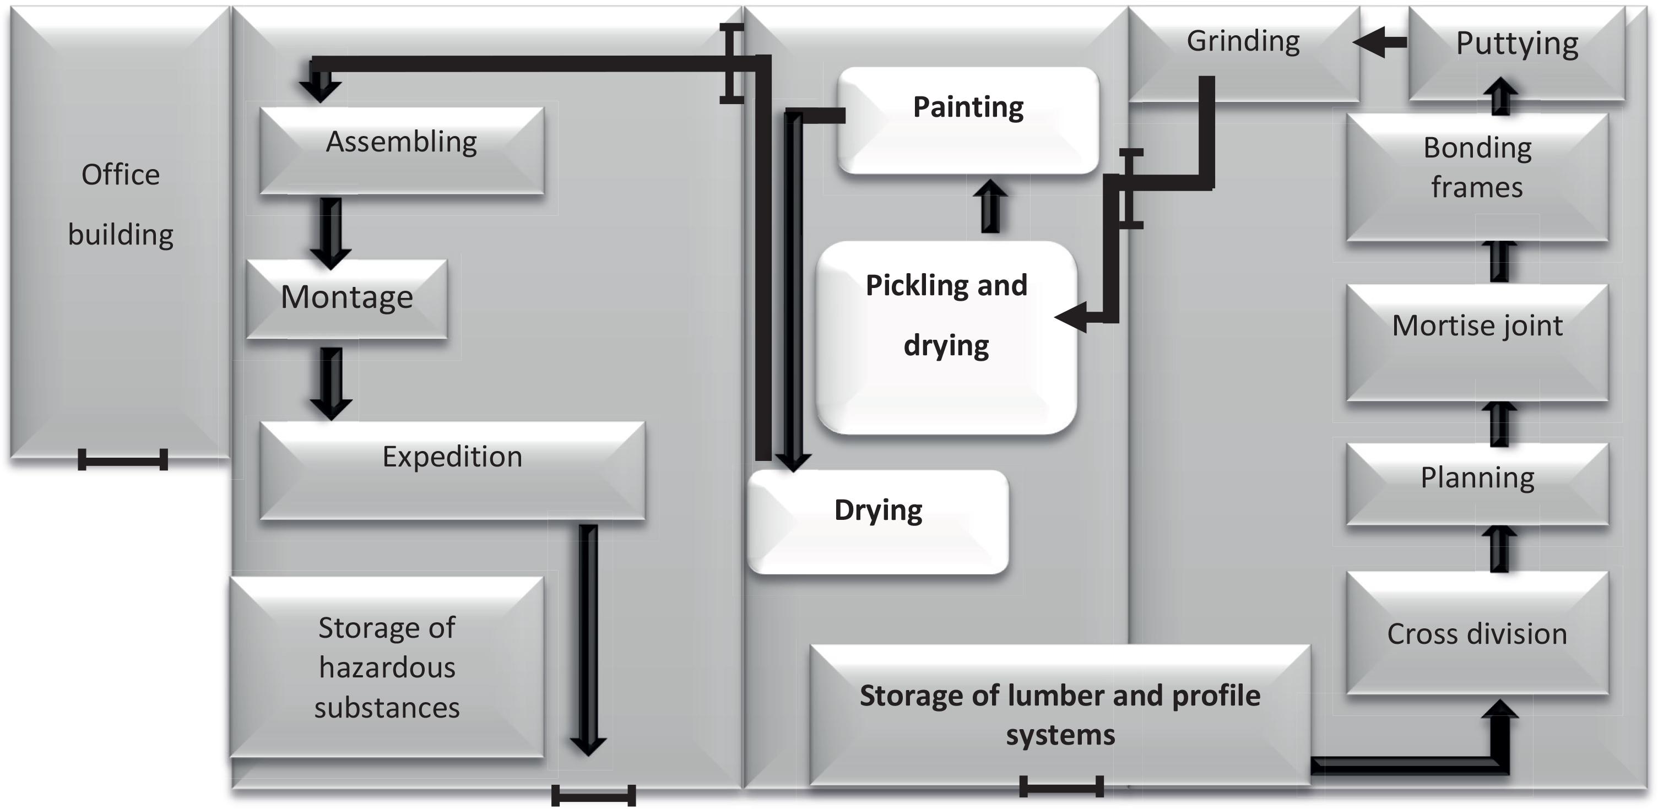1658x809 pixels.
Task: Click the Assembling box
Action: [x=402, y=150]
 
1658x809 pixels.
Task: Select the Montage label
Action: [x=346, y=297]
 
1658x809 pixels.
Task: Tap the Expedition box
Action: [x=452, y=470]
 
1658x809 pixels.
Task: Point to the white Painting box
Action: [x=968, y=120]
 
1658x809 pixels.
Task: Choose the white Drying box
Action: [x=878, y=522]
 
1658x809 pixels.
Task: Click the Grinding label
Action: [x=1243, y=42]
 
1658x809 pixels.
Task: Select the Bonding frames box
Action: [x=1477, y=177]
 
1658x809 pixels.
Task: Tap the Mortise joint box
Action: [x=1477, y=341]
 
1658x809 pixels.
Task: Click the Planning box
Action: [x=1477, y=482]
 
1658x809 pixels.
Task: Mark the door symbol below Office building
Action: [x=123, y=459]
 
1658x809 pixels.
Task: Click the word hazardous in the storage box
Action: [x=387, y=668]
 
